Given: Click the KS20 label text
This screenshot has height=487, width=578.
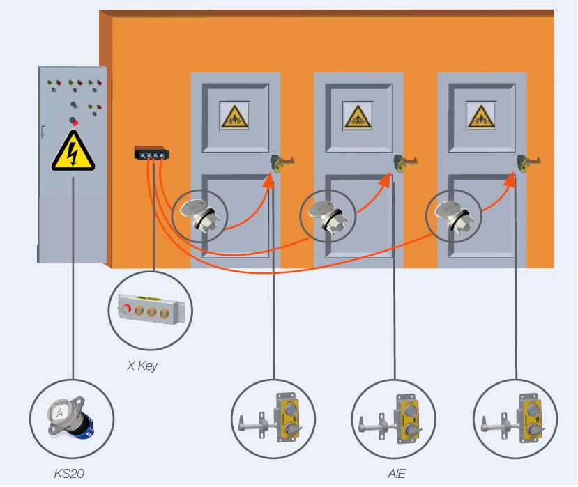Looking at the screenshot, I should pyautogui.click(x=69, y=474).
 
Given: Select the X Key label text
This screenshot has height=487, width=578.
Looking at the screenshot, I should pyautogui.click(x=142, y=365).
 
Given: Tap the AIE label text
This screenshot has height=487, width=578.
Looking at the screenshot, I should pyautogui.click(x=397, y=472).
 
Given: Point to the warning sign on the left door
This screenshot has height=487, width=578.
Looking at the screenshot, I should pyautogui.click(x=234, y=116).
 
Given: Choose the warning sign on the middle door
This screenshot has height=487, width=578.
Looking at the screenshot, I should pyautogui.click(x=358, y=116).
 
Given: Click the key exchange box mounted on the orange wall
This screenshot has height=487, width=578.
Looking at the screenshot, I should pyautogui.click(x=152, y=153).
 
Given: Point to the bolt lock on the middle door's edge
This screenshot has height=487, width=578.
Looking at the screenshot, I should pyautogui.click(x=405, y=163).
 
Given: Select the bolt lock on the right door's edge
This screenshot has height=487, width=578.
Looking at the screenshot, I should pyautogui.click(x=528, y=163).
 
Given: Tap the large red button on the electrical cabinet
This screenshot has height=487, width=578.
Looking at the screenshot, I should pyautogui.click(x=74, y=123).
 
